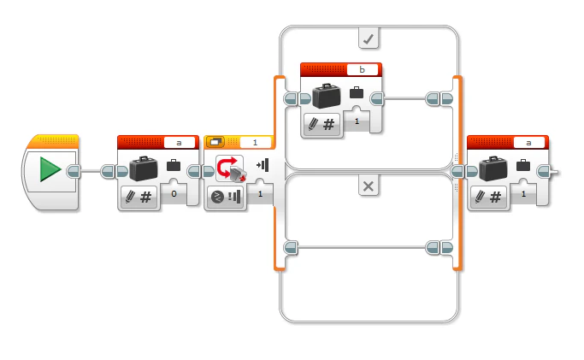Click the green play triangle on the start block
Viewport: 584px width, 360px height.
tap(50, 170)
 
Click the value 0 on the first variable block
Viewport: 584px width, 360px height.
tap(174, 194)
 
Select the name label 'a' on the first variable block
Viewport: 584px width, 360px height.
tap(180, 142)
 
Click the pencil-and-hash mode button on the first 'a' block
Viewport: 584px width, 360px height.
tap(137, 197)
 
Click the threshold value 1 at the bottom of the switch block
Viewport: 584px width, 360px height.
tap(260, 195)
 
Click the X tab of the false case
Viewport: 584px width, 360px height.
tap(369, 186)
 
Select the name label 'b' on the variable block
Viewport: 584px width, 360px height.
tap(363, 69)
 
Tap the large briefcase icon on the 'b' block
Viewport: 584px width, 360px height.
tap(326, 95)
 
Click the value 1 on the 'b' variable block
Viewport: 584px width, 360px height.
tap(357, 122)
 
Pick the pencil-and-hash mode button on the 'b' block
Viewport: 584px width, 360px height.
tap(321, 124)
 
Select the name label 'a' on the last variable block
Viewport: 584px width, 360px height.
tap(529, 142)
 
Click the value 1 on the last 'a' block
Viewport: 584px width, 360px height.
tap(523, 194)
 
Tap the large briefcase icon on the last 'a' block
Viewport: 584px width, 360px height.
tap(493, 167)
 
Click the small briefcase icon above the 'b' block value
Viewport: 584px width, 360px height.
tap(357, 92)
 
